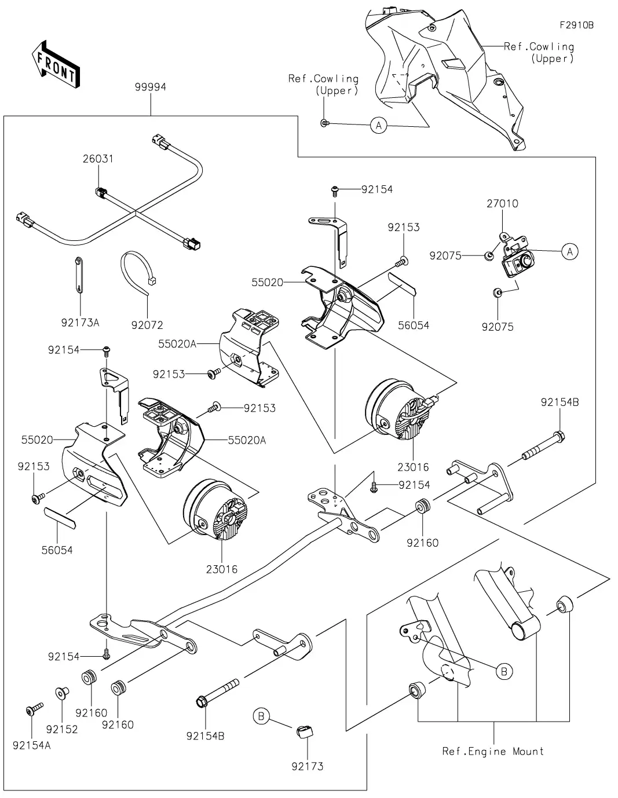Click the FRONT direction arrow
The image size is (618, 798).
tap(56, 64)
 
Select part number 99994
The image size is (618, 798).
tap(150, 87)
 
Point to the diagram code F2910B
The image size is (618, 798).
tap(576, 25)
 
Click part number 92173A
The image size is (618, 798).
tap(80, 323)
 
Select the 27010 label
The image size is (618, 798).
tap(502, 203)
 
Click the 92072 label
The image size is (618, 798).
tap(147, 325)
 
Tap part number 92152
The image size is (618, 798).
tap(62, 729)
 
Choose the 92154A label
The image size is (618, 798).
tap(32, 745)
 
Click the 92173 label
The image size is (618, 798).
tap(308, 766)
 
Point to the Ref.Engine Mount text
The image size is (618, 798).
tap(493, 751)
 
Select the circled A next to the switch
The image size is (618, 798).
tap(571, 251)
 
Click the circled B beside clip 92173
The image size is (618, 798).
tap(261, 717)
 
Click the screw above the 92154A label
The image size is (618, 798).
tap(33, 709)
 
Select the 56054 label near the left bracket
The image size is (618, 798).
tap(57, 550)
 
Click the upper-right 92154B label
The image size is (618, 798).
tap(560, 402)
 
